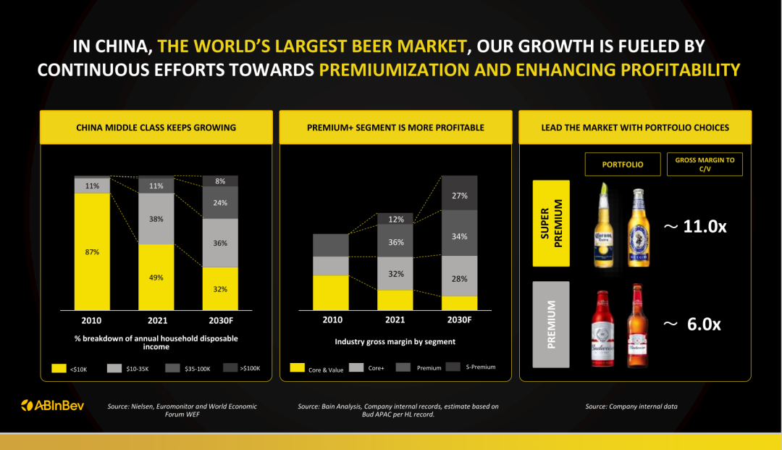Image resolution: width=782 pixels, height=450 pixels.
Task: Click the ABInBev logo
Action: click(52, 406)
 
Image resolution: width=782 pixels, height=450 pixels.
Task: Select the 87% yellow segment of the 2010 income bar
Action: click(92, 251)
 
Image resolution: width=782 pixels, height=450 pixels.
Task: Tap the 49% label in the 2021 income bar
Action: click(156, 278)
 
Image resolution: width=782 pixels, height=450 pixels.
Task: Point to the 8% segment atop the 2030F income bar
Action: click(220, 181)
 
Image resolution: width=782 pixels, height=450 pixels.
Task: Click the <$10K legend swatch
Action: click(59, 368)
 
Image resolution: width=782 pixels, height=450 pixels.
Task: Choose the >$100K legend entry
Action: click(242, 368)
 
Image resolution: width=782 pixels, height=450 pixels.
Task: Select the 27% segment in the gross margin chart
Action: click(459, 193)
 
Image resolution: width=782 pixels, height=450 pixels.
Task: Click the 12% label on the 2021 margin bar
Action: click(396, 219)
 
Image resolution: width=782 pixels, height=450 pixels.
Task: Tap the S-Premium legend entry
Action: click(471, 367)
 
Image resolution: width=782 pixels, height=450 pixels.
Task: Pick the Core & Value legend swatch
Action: click(298, 367)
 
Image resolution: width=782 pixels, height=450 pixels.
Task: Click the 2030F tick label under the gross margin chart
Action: click(459, 320)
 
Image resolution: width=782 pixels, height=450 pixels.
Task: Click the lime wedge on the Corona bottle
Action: click(605, 189)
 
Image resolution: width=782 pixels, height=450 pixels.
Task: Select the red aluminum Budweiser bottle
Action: click(602, 329)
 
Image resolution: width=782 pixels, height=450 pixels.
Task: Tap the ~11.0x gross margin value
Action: click(695, 227)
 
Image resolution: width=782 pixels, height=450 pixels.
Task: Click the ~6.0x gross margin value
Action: click(692, 325)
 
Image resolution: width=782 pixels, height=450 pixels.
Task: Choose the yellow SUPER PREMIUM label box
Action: click(551, 223)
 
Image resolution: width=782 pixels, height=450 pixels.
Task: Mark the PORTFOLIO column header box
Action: click(623, 164)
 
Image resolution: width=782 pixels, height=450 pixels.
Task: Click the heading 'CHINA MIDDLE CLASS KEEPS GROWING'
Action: click(156, 128)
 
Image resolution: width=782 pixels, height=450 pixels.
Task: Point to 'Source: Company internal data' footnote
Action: click(631, 406)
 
